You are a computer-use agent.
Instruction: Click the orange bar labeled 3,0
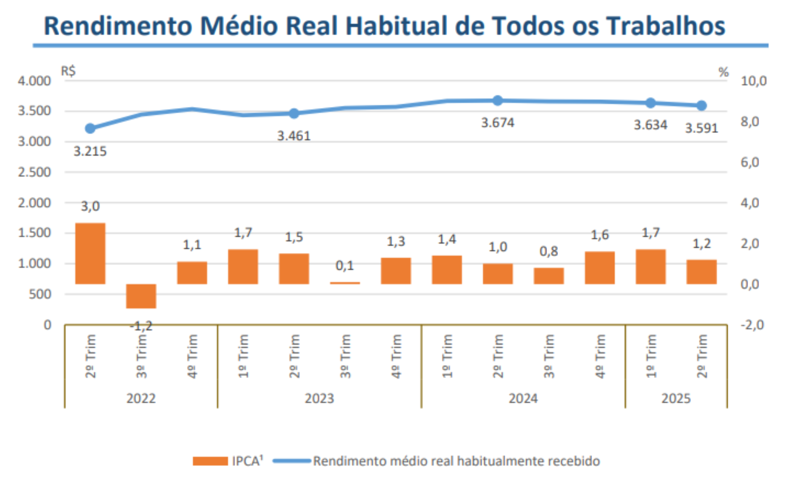[x=90, y=253]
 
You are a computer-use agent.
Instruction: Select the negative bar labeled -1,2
[x=141, y=296]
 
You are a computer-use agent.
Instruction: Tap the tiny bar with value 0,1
[x=345, y=283]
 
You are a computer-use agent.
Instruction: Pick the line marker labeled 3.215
[x=90, y=128]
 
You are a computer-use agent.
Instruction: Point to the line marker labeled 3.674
[x=497, y=101]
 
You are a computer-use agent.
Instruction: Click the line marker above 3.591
[x=701, y=106]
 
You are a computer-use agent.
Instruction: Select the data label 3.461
[x=294, y=136]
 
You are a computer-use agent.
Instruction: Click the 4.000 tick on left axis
[x=34, y=81]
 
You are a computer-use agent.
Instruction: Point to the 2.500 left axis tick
[x=34, y=172]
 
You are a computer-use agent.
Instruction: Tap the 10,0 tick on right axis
[x=753, y=81]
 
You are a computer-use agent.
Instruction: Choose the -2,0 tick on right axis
[x=752, y=325]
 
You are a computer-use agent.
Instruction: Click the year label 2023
[x=319, y=398]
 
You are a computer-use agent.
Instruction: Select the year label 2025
[x=676, y=398]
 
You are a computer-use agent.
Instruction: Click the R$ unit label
[x=68, y=71]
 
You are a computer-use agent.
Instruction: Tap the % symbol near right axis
[x=723, y=72]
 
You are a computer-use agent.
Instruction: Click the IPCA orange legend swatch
[x=210, y=461]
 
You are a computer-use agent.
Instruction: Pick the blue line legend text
[x=456, y=461]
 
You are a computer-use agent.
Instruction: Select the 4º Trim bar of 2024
[x=599, y=268]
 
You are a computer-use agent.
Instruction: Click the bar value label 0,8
[x=548, y=251]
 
